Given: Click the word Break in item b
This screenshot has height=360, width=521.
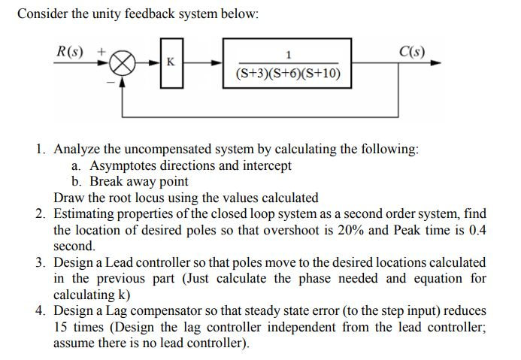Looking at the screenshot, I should click(x=106, y=181).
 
